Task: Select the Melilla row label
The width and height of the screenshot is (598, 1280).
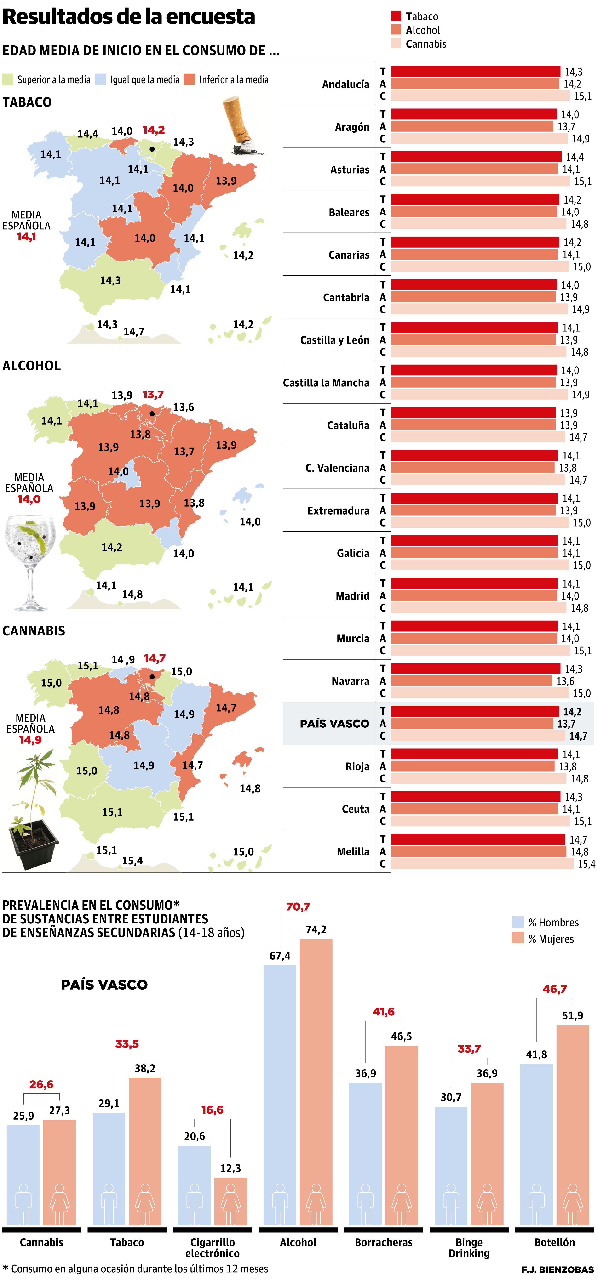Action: [x=353, y=852]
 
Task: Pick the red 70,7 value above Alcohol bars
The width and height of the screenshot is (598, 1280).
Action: [x=298, y=907]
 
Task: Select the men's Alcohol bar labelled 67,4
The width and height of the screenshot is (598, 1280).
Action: [x=280, y=1093]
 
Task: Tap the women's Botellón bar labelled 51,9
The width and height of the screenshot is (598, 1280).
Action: [x=572, y=1123]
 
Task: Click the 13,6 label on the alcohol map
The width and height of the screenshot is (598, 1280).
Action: [x=184, y=408]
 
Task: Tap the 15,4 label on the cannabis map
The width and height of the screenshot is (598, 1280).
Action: [x=132, y=861]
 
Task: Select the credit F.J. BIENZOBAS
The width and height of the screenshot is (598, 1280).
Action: [x=557, y=1269]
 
